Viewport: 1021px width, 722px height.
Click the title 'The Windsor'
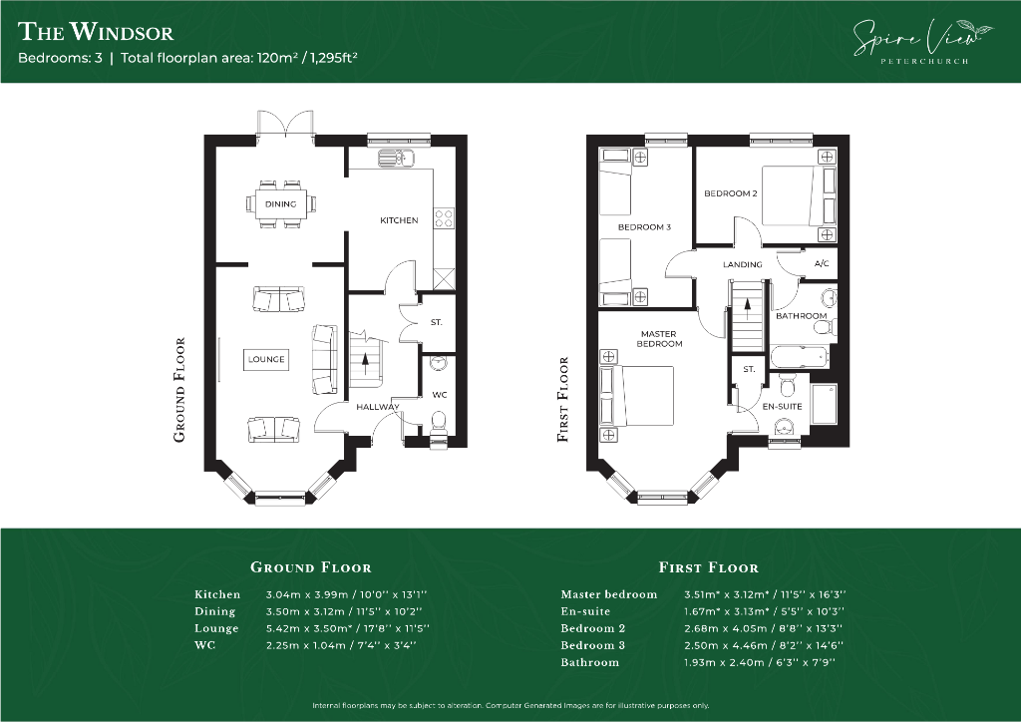click(96, 31)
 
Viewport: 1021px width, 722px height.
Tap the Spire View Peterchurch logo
click(923, 41)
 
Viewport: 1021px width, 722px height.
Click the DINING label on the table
click(280, 203)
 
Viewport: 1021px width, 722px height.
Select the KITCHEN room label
click(399, 220)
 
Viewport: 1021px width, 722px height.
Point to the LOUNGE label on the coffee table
click(266, 359)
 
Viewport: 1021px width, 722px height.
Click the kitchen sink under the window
click(397, 157)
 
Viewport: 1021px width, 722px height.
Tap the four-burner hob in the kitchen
click(444, 218)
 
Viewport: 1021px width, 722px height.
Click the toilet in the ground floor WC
click(439, 423)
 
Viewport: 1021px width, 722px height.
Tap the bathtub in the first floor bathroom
click(799, 357)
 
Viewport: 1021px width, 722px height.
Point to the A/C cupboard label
click(822, 263)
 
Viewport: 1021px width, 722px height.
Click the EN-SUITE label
click(782, 406)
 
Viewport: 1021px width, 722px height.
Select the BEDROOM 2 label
click(731, 193)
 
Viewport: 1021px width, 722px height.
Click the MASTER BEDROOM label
click(659, 338)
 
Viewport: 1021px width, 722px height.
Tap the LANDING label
click(742, 264)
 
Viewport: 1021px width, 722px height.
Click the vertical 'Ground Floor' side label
click(179, 390)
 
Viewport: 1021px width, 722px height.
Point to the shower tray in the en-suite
click(824, 404)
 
